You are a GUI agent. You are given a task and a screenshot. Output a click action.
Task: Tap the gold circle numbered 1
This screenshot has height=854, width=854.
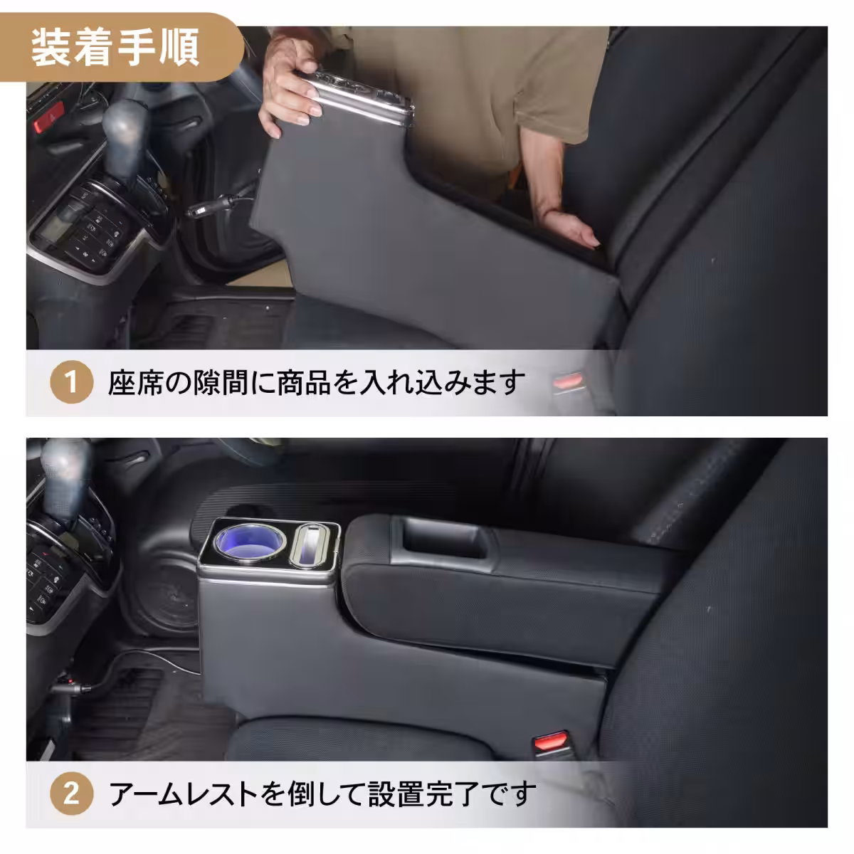[x=71, y=382]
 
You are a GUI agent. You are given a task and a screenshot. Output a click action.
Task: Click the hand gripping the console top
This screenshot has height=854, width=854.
[x=292, y=93]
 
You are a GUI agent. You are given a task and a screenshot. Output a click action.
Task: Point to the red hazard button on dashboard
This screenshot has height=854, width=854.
[x=51, y=113]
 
